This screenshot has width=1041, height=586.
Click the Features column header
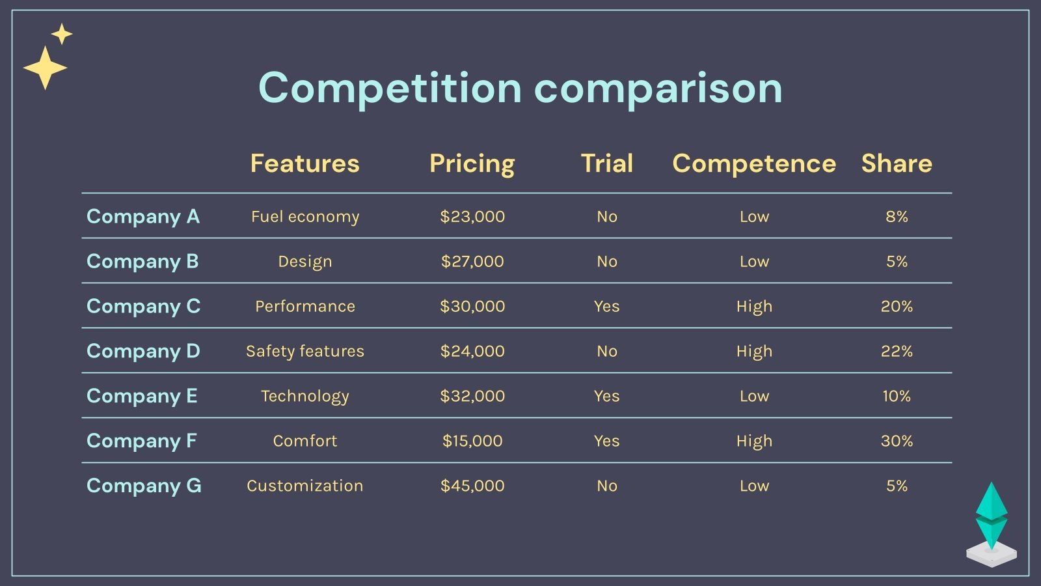(x=304, y=163)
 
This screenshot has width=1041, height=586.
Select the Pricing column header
(x=472, y=163)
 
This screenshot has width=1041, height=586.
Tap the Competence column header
(x=754, y=163)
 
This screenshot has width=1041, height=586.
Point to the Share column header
(x=897, y=163)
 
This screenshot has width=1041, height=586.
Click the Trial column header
(x=606, y=163)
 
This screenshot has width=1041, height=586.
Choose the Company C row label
(x=143, y=306)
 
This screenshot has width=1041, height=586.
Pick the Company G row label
(x=144, y=486)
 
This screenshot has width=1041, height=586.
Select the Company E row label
(x=142, y=396)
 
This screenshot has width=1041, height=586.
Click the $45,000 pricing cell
(x=472, y=486)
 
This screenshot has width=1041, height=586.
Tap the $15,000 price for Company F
(x=472, y=441)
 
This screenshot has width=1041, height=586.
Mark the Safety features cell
(x=304, y=351)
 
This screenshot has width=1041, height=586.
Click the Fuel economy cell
(x=304, y=216)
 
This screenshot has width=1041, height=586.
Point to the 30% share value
(x=897, y=441)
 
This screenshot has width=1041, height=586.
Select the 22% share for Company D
(x=897, y=351)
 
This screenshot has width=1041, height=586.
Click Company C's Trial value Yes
(x=606, y=306)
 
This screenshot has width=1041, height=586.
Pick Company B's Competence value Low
(x=754, y=261)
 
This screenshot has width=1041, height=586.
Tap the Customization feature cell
(x=304, y=486)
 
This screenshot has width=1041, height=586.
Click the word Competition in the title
(x=389, y=88)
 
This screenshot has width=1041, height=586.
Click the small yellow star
(x=62, y=34)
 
